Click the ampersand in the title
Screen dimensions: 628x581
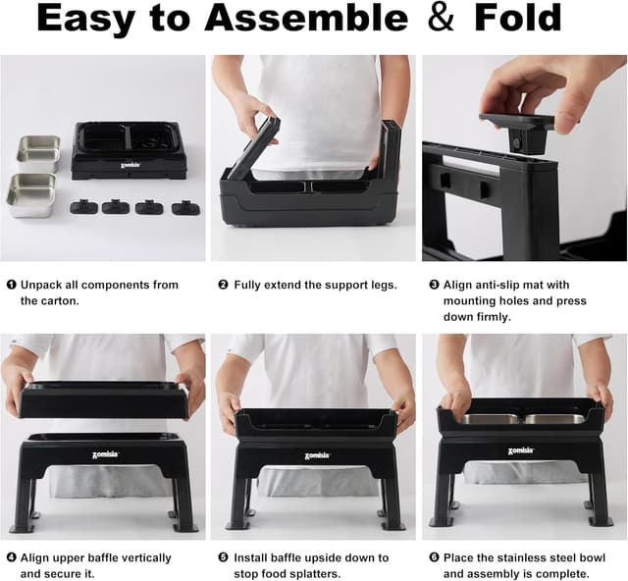click(x=442, y=17)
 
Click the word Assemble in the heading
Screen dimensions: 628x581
click(x=306, y=18)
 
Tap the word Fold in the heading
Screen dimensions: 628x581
click(x=517, y=18)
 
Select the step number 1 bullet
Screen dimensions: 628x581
click(x=11, y=285)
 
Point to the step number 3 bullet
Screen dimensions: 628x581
click(x=434, y=285)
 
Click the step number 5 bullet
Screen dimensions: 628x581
click(x=223, y=557)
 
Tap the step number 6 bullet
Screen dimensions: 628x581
click(x=434, y=557)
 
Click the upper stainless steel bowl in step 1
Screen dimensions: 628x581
click(x=38, y=154)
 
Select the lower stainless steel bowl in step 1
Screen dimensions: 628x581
click(x=31, y=195)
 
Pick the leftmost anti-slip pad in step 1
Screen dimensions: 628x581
click(x=84, y=206)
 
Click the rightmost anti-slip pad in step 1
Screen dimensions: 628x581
click(x=186, y=207)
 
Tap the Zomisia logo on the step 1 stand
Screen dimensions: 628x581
click(x=130, y=165)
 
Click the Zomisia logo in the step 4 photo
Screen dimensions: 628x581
click(x=106, y=454)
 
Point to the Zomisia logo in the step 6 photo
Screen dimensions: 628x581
click(x=521, y=450)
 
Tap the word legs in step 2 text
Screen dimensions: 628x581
click(x=383, y=286)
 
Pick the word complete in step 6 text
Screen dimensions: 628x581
click(x=564, y=574)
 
